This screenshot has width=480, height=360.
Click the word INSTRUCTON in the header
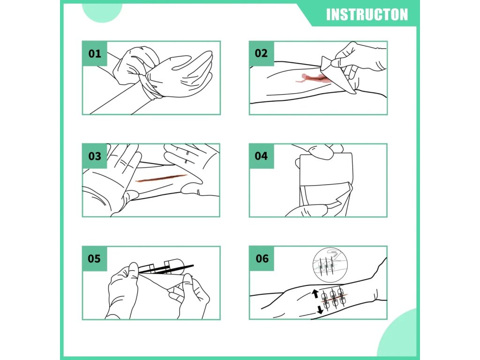pos(367,15)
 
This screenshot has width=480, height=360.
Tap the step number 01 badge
pos(95,53)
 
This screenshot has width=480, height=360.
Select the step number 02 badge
pos(262,53)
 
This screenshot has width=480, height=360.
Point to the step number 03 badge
pos(95,156)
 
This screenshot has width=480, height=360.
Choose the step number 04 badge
pos(262,156)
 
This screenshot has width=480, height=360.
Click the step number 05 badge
pos(95,259)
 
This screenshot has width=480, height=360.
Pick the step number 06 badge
pos(262,259)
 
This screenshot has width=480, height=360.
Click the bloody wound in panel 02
pos(314,78)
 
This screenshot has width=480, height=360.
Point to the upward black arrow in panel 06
pos(315,294)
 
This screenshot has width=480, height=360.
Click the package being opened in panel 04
pos(325,184)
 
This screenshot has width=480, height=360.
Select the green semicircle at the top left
pos(102,13)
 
